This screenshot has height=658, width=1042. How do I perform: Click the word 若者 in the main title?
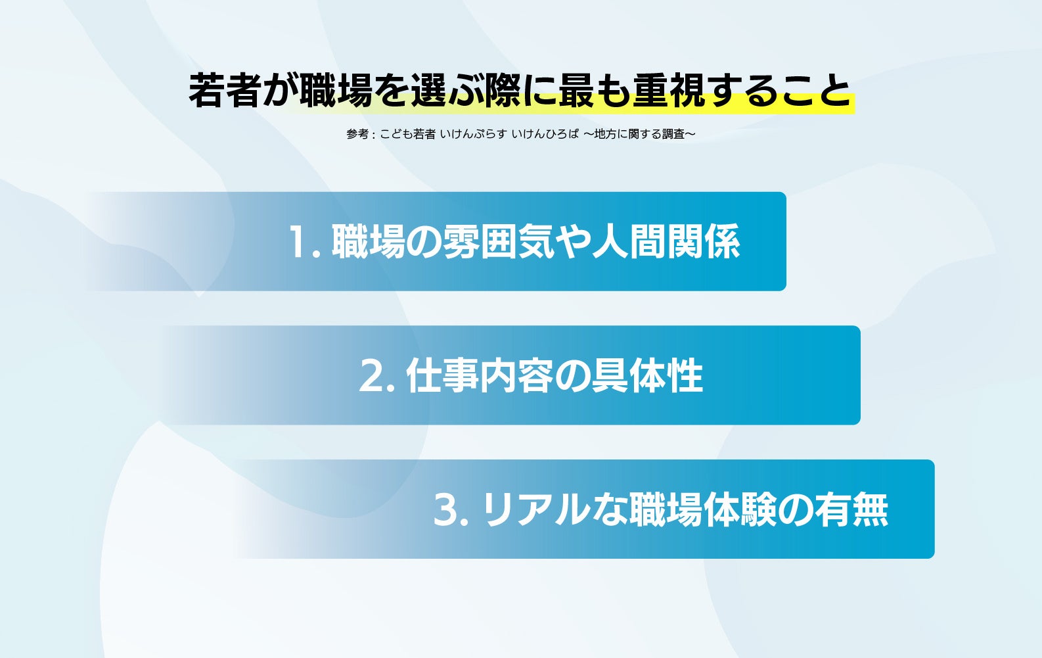[x=224, y=90]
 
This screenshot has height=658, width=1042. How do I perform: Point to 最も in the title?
[x=594, y=90]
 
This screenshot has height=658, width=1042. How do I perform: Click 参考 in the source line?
[x=357, y=134]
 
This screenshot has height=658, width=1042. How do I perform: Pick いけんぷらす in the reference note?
[x=473, y=134]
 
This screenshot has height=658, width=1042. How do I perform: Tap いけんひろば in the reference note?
[x=545, y=134]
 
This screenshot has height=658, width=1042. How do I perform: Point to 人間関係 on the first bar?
[x=666, y=241]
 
